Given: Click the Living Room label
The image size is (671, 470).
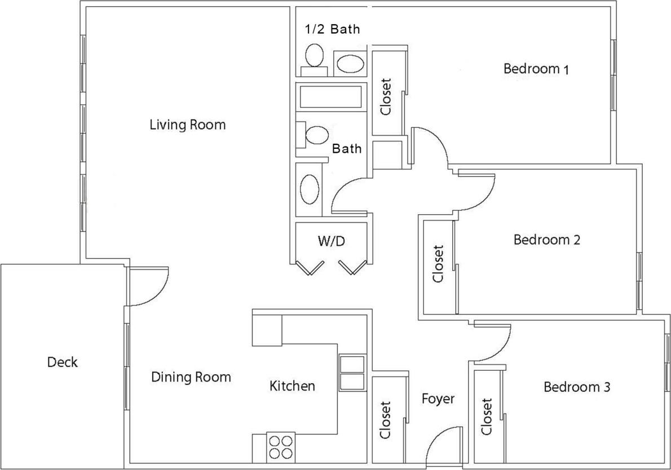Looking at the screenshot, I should (x=187, y=125).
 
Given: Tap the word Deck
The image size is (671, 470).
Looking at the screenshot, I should (x=62, y=362).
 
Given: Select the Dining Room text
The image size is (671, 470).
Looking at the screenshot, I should (x=191, y=377).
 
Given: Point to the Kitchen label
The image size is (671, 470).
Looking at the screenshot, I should (x=292, y=386).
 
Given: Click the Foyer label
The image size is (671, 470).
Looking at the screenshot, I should (x=438, y=399).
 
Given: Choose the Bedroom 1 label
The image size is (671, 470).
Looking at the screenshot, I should (x=536, y=69).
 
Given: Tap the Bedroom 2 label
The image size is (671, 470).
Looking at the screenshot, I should (x=547, y=240).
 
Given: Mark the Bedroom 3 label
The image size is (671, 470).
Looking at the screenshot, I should (x=577, y=387).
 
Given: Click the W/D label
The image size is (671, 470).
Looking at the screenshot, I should (x=331, y=242).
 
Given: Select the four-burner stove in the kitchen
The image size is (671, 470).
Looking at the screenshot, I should (x=280, y=447).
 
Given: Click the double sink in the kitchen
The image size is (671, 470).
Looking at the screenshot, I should (x=352, y=373).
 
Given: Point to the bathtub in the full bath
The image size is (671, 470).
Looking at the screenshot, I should (x=330, y=97).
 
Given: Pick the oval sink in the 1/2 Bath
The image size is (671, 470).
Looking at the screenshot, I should (x=350, y=64).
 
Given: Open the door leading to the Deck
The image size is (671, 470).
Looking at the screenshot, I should (x=148, y=286).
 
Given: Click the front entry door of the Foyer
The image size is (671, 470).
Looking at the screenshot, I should (x=443, y=448).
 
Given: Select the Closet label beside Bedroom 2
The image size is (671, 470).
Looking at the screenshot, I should (x=438, y=263).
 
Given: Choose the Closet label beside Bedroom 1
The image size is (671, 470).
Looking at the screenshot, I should (x=386, y=96).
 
